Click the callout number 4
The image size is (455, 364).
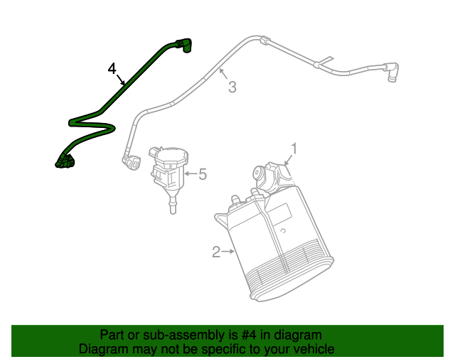(112, 68)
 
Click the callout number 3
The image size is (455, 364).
(232, 87)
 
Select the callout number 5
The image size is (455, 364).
(203, 173)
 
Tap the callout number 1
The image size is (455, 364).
(293, 148)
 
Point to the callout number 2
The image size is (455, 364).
(216, 251)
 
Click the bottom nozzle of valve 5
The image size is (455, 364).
(171, 206)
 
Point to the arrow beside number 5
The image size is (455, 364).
(191, 172)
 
